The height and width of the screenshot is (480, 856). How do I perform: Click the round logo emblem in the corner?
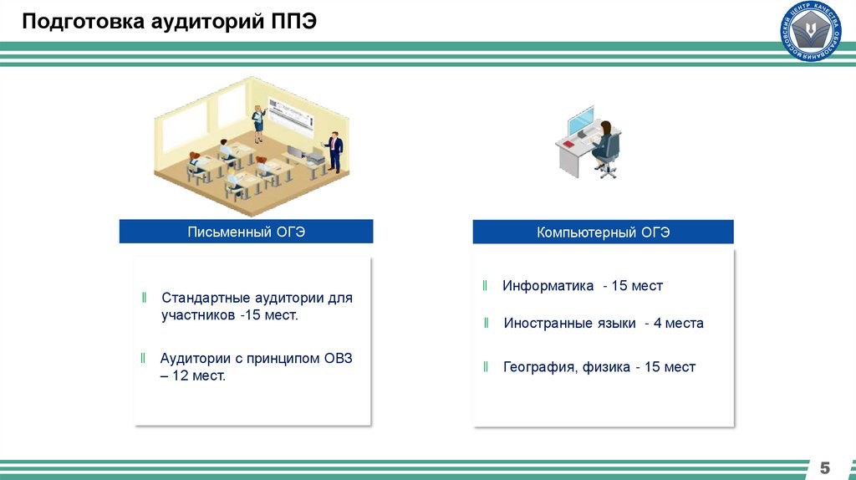click(810, 31)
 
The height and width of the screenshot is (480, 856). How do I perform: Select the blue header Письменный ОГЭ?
click(246, 232)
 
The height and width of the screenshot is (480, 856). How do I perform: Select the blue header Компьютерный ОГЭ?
click(603, 232)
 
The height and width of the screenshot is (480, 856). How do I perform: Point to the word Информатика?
click(548, 286)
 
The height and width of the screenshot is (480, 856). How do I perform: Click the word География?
click(537, 367)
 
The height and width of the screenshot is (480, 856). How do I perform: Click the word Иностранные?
click(545, 324)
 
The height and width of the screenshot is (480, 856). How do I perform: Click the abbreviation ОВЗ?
click(336, 359)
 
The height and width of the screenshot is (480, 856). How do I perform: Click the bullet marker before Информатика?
click(485, 286)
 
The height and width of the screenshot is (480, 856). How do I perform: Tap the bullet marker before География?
click(486, 367)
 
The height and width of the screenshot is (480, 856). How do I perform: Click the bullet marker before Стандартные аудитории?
click(144, 298)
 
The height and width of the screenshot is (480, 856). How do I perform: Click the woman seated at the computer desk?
click(604, 146)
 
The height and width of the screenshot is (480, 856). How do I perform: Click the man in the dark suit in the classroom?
click(334, 151)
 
